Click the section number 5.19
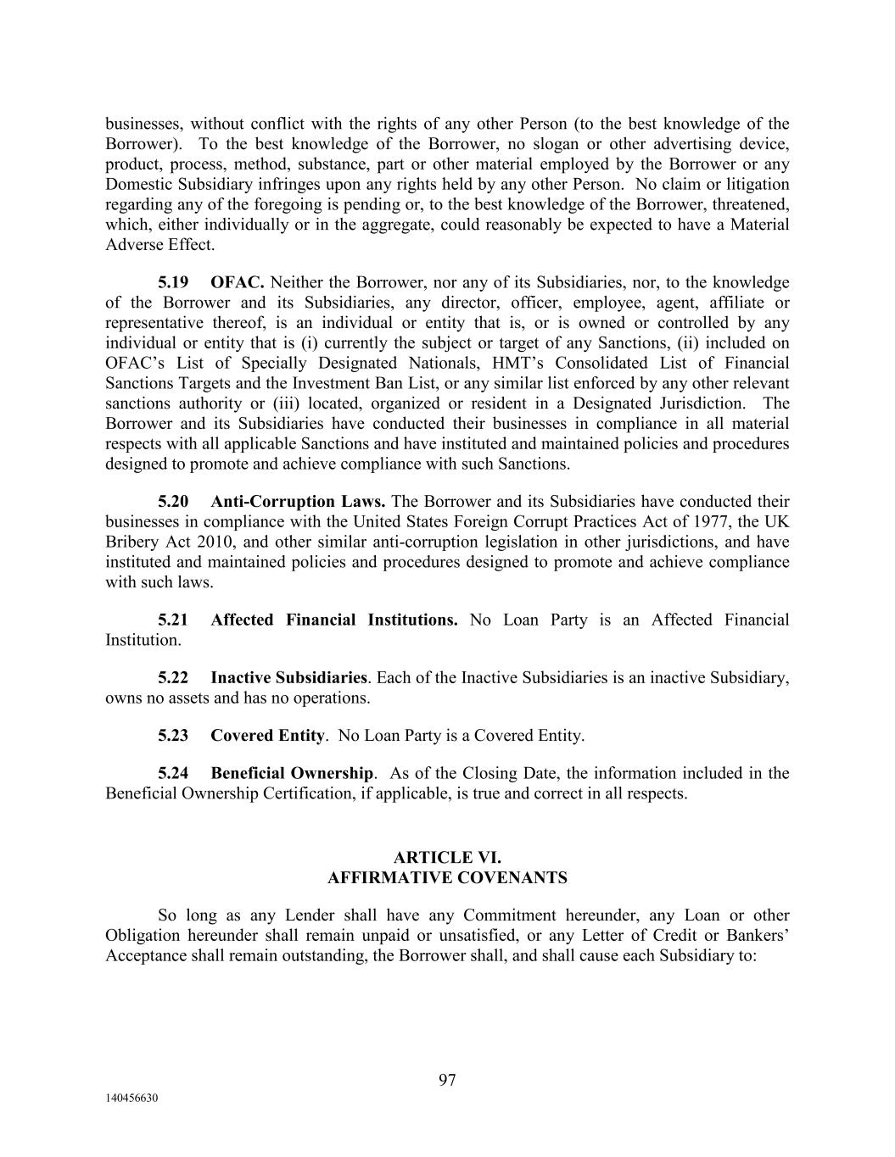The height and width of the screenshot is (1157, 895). point(173,282)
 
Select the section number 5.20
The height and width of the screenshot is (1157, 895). point(173,502)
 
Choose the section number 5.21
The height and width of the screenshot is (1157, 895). point(173,620)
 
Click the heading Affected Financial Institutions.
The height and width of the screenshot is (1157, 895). point(333,620)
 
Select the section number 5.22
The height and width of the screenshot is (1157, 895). point(173,678)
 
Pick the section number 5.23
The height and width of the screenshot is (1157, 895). point(173,736)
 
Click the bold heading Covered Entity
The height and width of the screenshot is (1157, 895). point(267,736)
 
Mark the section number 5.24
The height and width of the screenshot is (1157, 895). point(173,774)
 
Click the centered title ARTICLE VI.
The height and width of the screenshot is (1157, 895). point(447,858)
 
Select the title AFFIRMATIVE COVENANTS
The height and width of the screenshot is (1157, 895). point(447,878)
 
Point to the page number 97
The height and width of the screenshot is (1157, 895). point(447,1080)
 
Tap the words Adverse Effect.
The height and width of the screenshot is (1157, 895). point(159,245)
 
